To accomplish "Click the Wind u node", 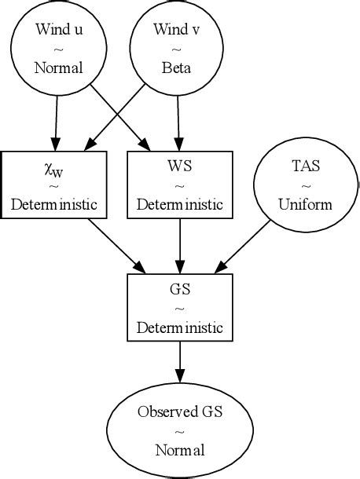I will (59, 49).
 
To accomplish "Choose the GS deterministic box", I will (180, 306).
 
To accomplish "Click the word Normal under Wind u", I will (59, 68).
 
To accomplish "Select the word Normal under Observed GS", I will (180, 450).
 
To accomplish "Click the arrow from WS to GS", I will (181, 245).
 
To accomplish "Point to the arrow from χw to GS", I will (118, 246).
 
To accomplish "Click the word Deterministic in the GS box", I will (180, 327).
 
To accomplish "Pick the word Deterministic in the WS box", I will (181, 205).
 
